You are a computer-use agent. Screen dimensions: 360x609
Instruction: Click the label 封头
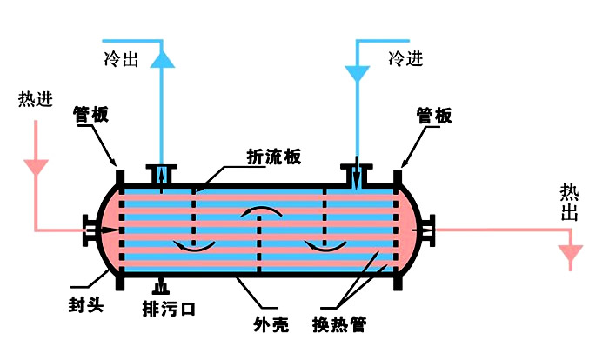click(86, 305)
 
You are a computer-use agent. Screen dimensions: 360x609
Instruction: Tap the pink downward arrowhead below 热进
click(36, 165)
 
